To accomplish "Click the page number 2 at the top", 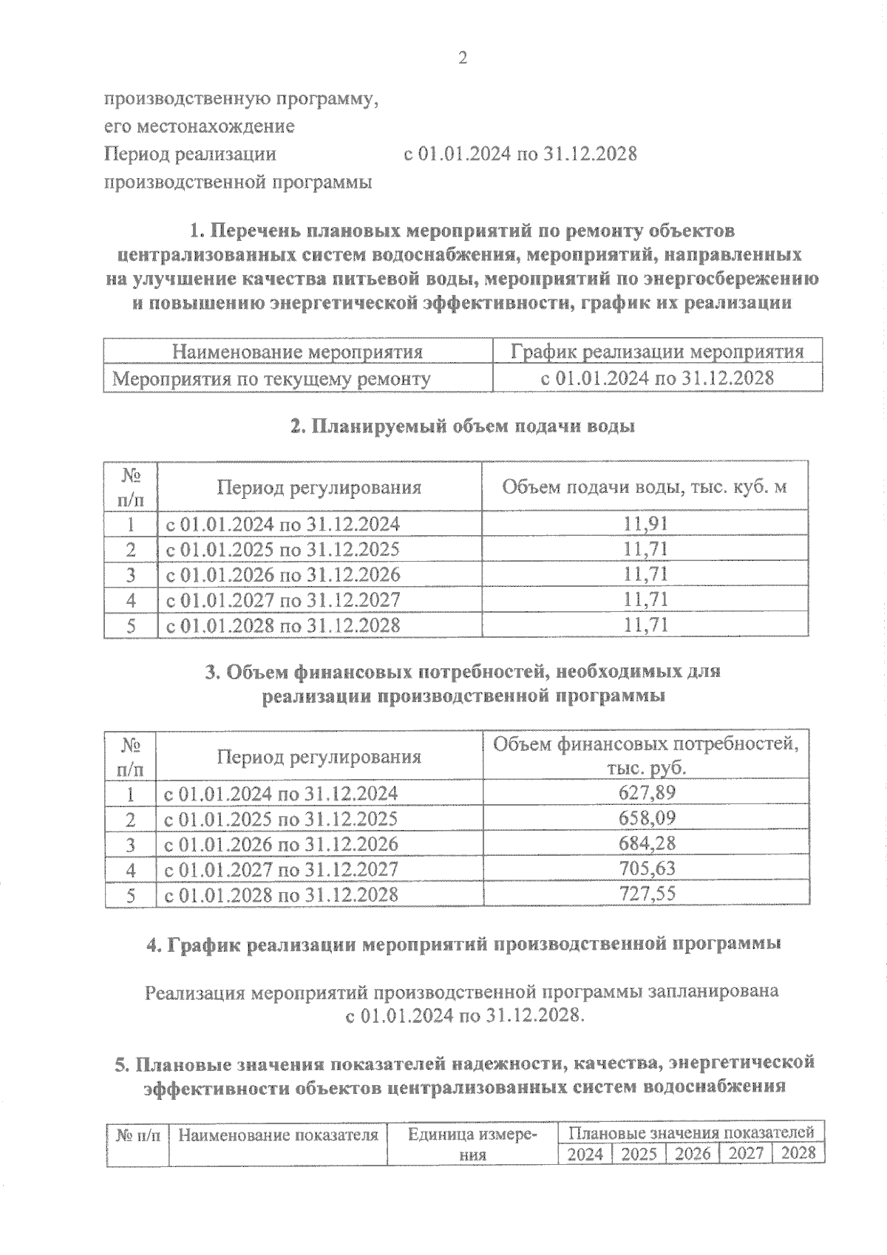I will pos(463,58).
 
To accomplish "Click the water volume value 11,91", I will pos(645,524).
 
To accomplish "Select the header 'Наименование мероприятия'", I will pos(297,352).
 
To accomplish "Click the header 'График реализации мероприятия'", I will pos(657,352).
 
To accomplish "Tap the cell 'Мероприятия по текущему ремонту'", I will pos(271,379).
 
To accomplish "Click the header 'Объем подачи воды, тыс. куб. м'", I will pos(644,487).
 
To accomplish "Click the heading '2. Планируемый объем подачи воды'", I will pos(462,426).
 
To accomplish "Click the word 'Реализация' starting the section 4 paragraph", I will pos(196,991).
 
